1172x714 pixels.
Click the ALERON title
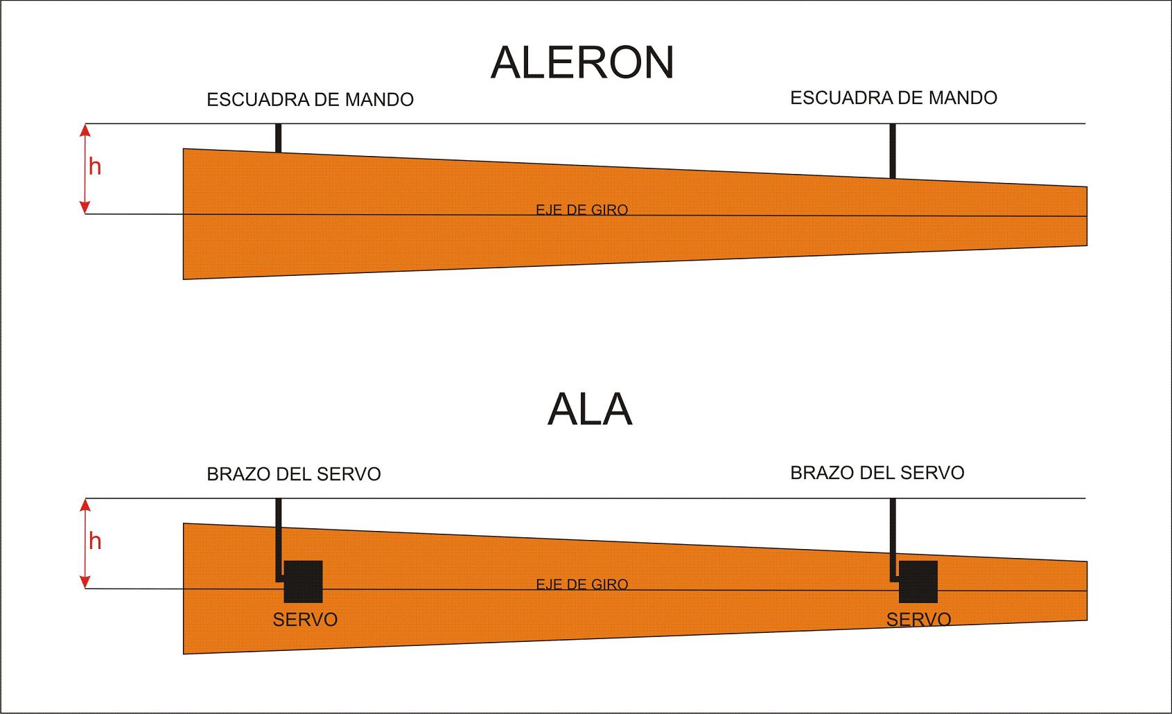click(582, 62)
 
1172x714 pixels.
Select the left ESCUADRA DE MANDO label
click(310, 100)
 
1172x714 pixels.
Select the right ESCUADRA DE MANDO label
click(893, 98)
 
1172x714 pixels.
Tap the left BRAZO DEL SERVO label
click(294, 474)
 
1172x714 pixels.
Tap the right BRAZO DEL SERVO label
click(877, 473)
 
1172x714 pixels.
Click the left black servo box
click(304, 582)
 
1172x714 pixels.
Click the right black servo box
click(918, 582)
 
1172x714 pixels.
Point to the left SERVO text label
click(305, 620)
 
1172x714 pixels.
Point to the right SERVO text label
click(918, 619)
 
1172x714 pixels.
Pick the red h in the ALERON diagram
click(95, 167)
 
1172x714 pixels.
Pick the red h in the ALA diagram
click(95, 541)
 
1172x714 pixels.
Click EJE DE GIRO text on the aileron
click(582, 209)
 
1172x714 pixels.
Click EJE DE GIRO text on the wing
click(582, 584)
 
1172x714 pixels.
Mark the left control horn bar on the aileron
click(279, 138)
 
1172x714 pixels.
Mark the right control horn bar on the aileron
click(893, 151)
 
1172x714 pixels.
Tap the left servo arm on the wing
click(279, 537)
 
